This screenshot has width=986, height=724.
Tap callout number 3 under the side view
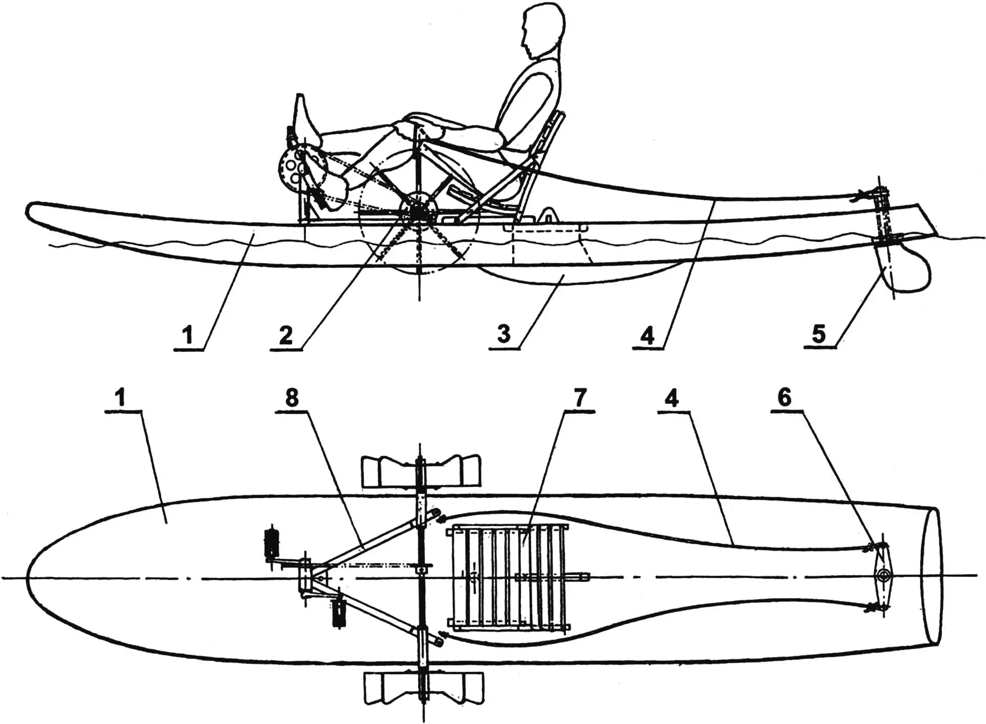(x=504, y=333)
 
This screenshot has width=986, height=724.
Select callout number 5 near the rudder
(x=819, y=333)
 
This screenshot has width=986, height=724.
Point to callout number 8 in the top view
(x=291, y=397)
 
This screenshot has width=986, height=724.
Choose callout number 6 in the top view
(x=784, y=397)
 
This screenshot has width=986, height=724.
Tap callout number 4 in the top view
(x=672, y=397)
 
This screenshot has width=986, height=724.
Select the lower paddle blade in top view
(x=423, y=687)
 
